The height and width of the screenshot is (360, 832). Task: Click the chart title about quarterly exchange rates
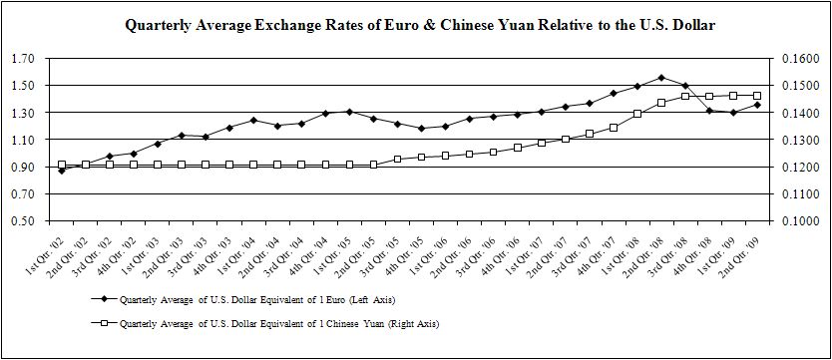[x=420, y=25]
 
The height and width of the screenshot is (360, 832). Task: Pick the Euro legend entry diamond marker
[x=105, y=300]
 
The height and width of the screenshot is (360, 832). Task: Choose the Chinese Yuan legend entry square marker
[x=105, y=323]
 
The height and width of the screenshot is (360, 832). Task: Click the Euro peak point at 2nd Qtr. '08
[x=661, y=78]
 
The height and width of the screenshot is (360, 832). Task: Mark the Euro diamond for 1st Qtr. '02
[x=62, y=171]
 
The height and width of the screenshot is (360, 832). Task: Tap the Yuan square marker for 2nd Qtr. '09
[x=757, y=96]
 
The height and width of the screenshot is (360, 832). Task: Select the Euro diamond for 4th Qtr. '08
[x=709, y=111]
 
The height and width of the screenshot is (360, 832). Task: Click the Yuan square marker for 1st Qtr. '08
[x=637, y=114]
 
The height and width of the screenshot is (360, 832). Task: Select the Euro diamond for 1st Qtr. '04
[x=253, y=120]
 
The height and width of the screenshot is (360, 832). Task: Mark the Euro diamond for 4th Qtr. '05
[x=421, y=129]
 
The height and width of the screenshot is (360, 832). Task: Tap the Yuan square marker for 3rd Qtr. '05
[x=397, y=159]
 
